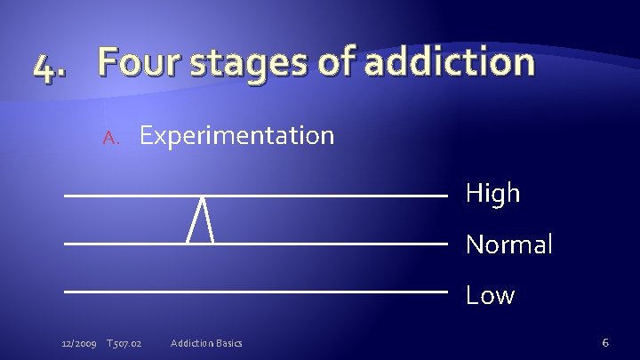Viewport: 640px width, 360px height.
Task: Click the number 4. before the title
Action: pos(50,66)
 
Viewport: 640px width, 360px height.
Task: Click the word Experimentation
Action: pos(236,136)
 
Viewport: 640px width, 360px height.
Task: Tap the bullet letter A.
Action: pos(110,137)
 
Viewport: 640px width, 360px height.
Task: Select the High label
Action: pos(492,194)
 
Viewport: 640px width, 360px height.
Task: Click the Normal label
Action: pos(508,244)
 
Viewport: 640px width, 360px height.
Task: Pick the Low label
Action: pos(490,294)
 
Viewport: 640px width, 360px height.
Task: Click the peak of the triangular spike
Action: pos(202,197)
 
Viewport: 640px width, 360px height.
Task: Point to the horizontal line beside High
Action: pos(338,195)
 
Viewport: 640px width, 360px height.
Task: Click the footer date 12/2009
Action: pos(80,343)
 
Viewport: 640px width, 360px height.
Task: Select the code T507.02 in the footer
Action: pos(125,343)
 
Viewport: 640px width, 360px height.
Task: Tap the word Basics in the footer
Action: pos(230,343)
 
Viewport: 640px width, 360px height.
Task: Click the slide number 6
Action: pos(604,342)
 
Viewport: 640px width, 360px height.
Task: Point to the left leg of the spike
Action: pos(194,220)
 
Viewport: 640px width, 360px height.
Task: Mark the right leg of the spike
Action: pos(208,220)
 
